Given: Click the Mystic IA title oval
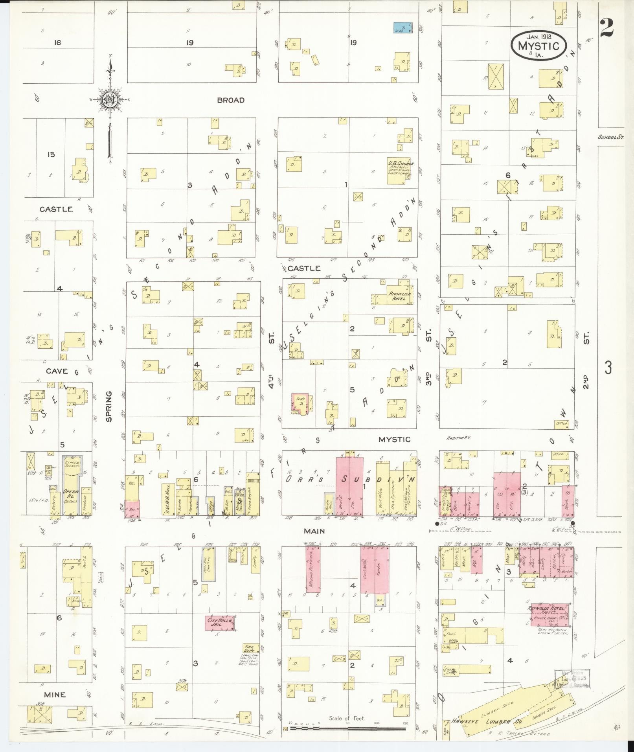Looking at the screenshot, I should click(x=538, y=46).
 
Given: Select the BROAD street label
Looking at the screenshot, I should click(x=231, y=100).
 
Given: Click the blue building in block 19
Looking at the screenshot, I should click(x=404, y=27).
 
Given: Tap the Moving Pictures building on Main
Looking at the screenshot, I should click(x=313, y=569).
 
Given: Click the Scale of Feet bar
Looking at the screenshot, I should click(x=347, y=728).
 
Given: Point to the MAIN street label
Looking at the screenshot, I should click(x=314, y=531).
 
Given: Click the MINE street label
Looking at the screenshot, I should click(x=55, y=695).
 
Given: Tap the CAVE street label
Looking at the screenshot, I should click(x=57, y=371).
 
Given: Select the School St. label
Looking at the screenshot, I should click(x=610, y=137).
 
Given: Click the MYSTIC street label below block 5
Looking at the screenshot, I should click(x=394, y=439).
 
